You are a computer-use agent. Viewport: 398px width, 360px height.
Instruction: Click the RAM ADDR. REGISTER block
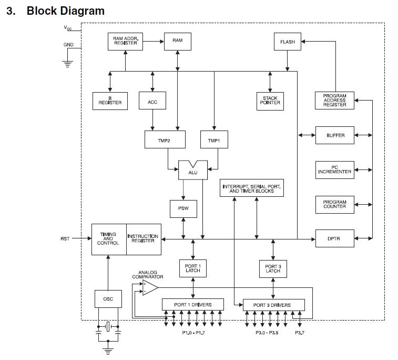coord(125,41)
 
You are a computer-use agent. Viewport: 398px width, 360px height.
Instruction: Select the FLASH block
coord(288,42)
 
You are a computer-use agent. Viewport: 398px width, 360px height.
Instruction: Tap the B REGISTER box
coord(110,100)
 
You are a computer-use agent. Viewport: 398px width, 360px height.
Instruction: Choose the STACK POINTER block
coord(270,100)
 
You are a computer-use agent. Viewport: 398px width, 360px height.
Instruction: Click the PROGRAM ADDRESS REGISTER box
coord(335,100)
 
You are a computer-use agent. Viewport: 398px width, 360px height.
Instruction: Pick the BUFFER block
coord(335,135)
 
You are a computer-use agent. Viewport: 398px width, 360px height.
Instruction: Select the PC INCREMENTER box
coord(335,169)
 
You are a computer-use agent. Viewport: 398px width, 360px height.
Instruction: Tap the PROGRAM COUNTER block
coord(335,204)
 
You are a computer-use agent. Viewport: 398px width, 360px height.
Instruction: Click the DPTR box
coord(335,239)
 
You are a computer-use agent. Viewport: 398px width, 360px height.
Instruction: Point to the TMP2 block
coord(165,139)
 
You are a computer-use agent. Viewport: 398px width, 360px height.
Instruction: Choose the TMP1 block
coord(214,139)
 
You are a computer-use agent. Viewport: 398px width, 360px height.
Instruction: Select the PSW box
coord(183,208)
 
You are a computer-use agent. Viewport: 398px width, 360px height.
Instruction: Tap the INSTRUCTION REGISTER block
coord(142,239)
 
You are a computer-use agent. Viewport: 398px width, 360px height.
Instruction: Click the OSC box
coord(108,299)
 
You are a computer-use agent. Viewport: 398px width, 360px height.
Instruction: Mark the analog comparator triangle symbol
coord(149,287)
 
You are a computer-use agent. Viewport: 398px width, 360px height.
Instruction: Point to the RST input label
coord(65,239)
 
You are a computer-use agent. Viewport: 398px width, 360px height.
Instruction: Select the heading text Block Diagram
coord(65,11)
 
